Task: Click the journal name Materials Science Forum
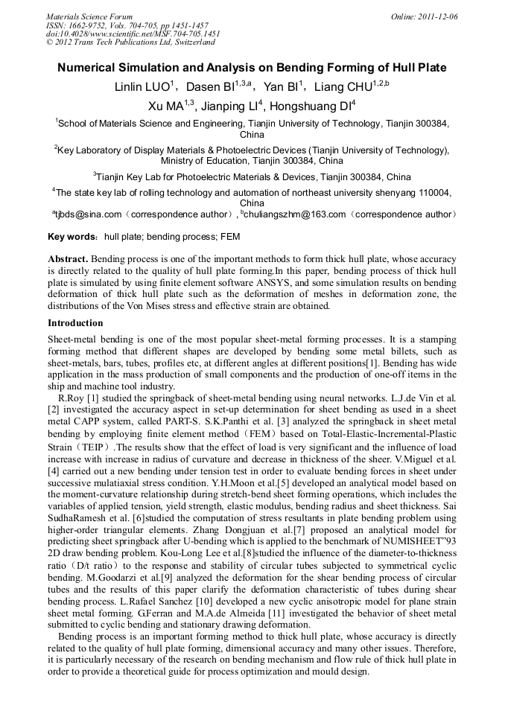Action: [89, 16]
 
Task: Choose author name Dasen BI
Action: [213, 87]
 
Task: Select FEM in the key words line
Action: [229, 237]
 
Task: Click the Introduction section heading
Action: [75, 323]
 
